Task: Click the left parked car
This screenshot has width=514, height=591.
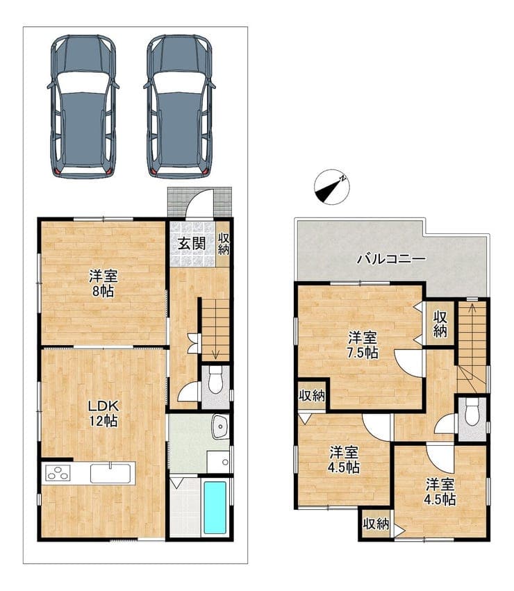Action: pyautogui.click(x=83, y=107)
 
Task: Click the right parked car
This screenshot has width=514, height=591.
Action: pyautogui.click(x=179, y=107)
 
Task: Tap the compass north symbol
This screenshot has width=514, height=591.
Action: pyautogui.click(x=332, y=187)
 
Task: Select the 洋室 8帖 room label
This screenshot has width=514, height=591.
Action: pyautogui.click(x=103, y=283)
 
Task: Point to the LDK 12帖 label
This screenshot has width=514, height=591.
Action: pyautogui.click(x=103, y=413)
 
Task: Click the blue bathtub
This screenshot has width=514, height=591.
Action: pyautogui.click(x=215, y=508)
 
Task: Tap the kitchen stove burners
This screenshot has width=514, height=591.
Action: pyautogui.click(x=58, y=473)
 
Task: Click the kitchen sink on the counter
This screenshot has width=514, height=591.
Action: pyautogui.click(x=110, y=473)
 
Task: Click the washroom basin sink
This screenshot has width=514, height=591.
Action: pyautogui.click(x=220, y=427)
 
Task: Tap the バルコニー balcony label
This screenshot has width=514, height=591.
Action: pyautogui.click(x=392, y=259)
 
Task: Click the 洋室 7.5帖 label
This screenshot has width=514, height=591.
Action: pyautogui.click(x=363, y=344)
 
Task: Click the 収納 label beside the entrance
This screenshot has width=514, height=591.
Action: pyautogui.click(x=224, y=244)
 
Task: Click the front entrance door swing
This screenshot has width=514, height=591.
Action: pyautogui.click(x=200, y=204)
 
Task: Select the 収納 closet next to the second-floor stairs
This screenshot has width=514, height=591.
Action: pyautogui.click(x=440, y=324)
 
